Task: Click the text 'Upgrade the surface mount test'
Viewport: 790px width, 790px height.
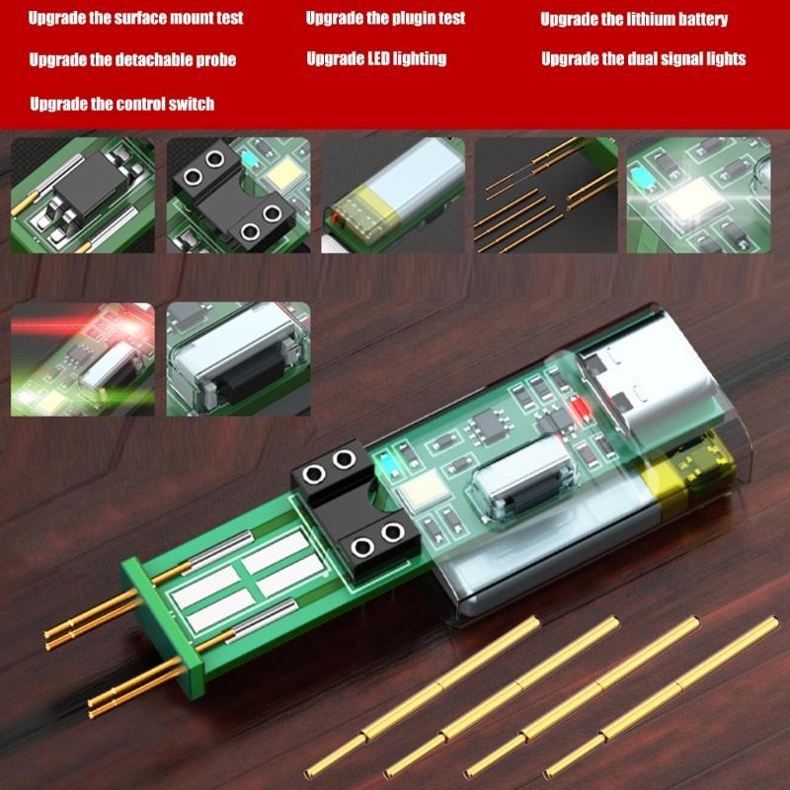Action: pyautogui.click(x=135, y=18)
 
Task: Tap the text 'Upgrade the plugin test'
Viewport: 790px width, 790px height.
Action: pyautogui.click(x=385, y=18)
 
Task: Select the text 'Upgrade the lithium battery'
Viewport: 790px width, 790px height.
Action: pyautogui.click(x=648, y=19)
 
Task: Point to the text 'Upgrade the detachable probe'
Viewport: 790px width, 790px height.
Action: pyautogui.click(x=132, y=60)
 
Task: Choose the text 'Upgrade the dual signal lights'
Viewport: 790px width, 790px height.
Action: pyautogui.click(x=643, y=59)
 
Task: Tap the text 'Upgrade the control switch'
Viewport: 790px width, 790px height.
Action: pyautogui.click(x=121, y=104)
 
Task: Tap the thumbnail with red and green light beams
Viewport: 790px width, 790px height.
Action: pyautogui.click(x=84, y=357)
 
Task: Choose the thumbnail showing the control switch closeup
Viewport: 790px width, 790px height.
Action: pyautogui.click(x=238, y=357)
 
